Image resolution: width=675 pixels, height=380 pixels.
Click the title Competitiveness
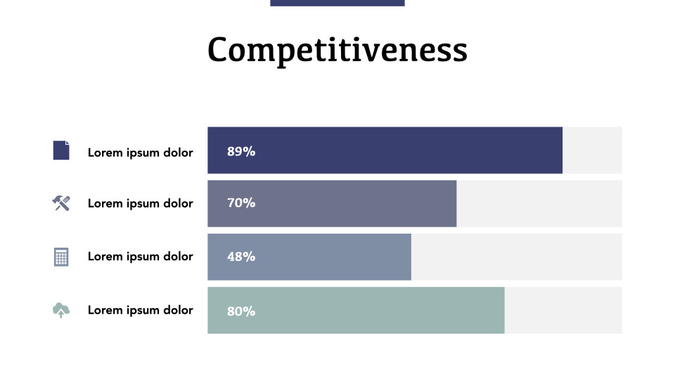337,50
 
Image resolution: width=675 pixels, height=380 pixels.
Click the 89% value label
241,151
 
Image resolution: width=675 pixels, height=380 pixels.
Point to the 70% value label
241,203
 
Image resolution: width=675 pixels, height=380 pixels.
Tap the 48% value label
241,257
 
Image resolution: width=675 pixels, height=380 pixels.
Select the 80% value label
241,311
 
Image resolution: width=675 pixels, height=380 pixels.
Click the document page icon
61,151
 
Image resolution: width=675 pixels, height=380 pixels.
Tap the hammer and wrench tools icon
61,203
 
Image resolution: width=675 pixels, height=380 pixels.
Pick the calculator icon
61,257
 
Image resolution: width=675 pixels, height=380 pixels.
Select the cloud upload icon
61,310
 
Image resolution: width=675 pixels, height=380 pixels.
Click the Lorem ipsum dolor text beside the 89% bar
140,152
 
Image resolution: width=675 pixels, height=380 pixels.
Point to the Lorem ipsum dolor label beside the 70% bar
140,203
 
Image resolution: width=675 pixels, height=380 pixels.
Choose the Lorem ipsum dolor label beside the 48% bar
140,256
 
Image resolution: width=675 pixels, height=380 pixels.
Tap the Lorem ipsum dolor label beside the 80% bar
140,310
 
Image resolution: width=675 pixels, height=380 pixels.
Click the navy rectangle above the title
337,3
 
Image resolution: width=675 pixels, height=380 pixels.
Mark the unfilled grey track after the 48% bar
517,257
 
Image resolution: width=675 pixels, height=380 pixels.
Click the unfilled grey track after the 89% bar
592,150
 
